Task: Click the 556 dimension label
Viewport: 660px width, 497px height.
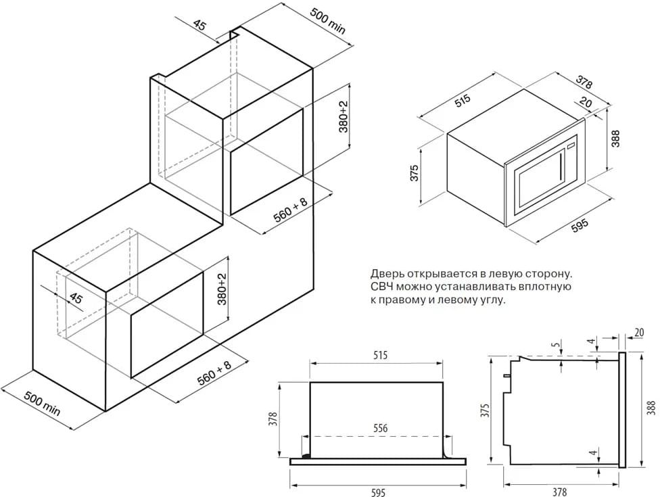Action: click(x=381, y=429)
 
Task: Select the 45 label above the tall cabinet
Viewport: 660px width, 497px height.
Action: click(x=200, y=26)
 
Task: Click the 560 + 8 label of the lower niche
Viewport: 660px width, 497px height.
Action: click(x=214, y=373)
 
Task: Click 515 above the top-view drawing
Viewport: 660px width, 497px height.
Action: click(x=380, y=355)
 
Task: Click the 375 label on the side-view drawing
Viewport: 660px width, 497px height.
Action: click(x=486, y=410)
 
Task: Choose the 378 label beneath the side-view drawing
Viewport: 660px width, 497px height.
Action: click(x=559, y=492)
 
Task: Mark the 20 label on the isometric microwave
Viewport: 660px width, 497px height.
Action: click(x=586, y=103)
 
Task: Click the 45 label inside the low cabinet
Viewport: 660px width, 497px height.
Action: click(x=76, y=299)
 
